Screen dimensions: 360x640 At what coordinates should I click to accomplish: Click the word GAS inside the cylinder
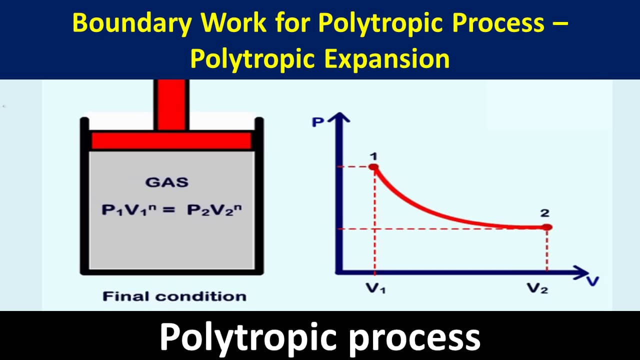[x=167, y=182]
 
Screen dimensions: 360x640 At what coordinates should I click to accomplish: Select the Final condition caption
[x=174, y=296]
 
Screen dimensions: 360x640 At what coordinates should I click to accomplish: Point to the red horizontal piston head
[x=171, y=140]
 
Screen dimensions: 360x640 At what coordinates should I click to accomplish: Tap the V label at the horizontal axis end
[x=592, y=280]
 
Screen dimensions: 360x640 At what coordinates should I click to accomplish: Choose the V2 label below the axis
[x=537, y=289]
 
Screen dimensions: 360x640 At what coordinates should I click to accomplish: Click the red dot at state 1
[x=373, y=167]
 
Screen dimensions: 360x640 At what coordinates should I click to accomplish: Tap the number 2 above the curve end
[x=544, y=213]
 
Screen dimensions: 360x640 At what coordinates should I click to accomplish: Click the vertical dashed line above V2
[x=547, y=250]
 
